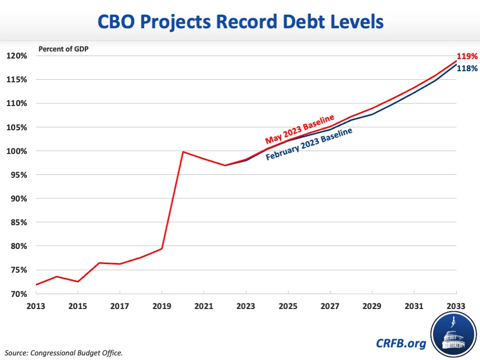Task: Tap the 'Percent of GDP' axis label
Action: pos(64,49)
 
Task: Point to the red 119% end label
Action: pos(467,57)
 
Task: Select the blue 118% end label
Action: pos(467,68)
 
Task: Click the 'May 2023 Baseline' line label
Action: pos(300,130)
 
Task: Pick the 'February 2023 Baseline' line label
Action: pos(309,144)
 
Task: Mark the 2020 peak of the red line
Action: pos(182,151)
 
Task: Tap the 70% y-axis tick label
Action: pos(18,294)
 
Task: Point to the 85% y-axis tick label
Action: pos(18,222)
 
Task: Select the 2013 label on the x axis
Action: pos(36,306)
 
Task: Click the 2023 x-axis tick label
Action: pos(246,306)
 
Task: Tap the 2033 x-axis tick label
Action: pos(456,306)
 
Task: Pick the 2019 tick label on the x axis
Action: pos(162,306)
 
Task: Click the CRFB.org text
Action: pos(401,343)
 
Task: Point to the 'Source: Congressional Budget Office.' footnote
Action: pos(64,352)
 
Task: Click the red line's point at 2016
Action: pos(99,263)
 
